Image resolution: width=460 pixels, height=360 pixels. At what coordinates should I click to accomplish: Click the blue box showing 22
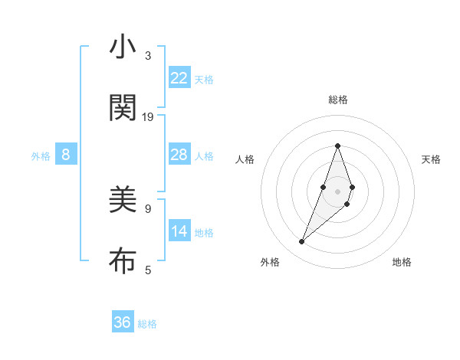click(x=179, y=78)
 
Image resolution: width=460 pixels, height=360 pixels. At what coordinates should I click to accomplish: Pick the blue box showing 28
click(x=179, y=155)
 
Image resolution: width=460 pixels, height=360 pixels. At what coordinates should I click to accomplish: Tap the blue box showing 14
click(x=179, y=231)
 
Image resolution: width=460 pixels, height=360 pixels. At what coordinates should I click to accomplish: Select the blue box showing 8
click(x=66, y=155)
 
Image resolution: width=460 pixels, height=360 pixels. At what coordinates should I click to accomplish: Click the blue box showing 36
click(x=123, y=322)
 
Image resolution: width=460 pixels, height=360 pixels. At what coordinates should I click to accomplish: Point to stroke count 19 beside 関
click(x=148, y=117)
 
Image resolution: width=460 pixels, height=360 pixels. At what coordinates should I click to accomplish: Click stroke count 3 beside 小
click(x=148, y=56)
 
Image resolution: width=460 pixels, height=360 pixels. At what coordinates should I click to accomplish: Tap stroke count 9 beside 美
click(x=148, y=208)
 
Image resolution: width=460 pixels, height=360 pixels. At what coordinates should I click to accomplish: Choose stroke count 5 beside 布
click(x=148, y=270)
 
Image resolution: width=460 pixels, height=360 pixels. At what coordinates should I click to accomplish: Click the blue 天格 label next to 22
click(x=204, y=80)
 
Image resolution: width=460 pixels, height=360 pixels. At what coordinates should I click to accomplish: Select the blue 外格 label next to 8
click(x=41, y=156)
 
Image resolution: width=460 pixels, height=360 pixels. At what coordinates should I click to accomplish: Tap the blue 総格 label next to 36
click(x=147, y=324)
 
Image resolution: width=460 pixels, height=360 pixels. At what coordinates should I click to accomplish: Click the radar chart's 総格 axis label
click(x=337, y=100)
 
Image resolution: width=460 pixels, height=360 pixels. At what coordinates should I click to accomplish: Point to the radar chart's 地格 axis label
click(x=402, y=262)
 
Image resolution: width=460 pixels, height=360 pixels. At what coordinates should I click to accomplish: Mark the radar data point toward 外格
click(x=302, y=242)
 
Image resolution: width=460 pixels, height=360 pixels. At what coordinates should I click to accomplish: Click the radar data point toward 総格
click(x=337, y=146)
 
